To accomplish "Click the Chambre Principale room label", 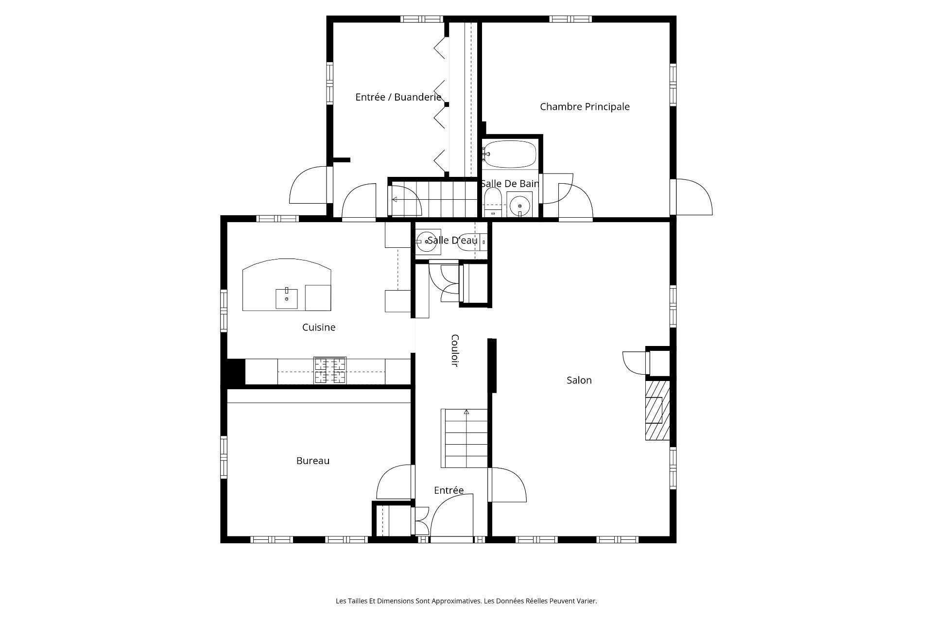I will [585, 106].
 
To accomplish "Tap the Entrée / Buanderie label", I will [398, 97].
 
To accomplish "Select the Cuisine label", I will [319, 328].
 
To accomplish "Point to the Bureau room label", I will [313, 461].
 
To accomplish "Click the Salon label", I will [579, 380].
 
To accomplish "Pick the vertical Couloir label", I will [455, 350].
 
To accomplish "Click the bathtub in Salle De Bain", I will [510, 154].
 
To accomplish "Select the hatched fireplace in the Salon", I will [657, 410].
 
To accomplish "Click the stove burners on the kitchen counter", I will [330, 370].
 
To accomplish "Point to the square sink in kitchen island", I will [287, 298].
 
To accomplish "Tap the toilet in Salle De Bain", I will [493, 201].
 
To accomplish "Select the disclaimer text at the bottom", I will [466, 601].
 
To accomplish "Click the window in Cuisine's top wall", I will [276, 219].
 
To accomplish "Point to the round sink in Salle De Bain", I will [519, 204].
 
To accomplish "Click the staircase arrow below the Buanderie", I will [395, 199].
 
